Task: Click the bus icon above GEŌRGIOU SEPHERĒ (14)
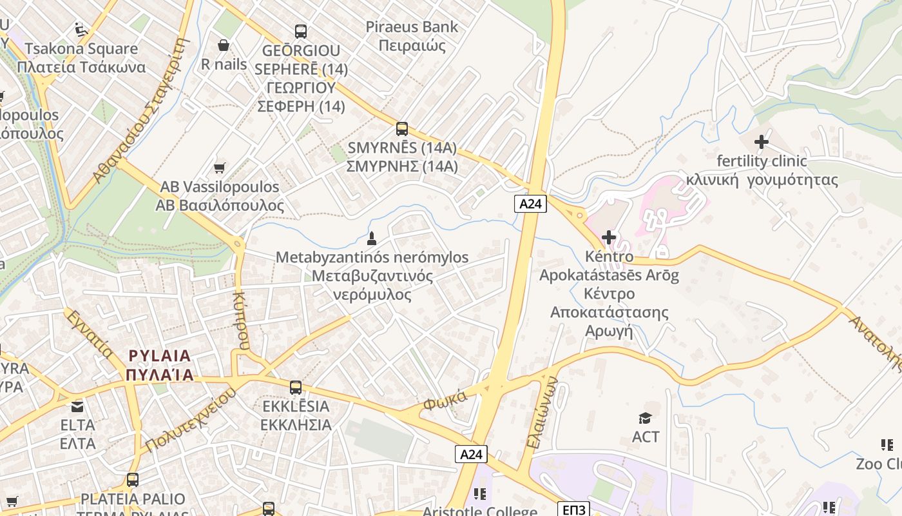pyautogui.click(x=301, y=31)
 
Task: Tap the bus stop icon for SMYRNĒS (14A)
pyautogui.click(x=402, y=129)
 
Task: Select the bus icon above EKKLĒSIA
pyautogui.click(x=296, y=388)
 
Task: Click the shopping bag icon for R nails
pyautogui.click(x=224, y=45)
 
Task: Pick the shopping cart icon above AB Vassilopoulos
pyautogui.click(x=220, y=168)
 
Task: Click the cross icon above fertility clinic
pyautogui.click(x=762, y=141)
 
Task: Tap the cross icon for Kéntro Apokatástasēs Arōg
pyautogui.click(x=609, y=237)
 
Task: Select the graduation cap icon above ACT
pyautogui.click(x=646, y=418)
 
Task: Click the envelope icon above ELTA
pyautogui.click(x=77, y=406)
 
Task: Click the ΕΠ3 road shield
pyautogui.click(x=573, y=510)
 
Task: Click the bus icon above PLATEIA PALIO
pyautogui.click(x=133, y=480)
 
